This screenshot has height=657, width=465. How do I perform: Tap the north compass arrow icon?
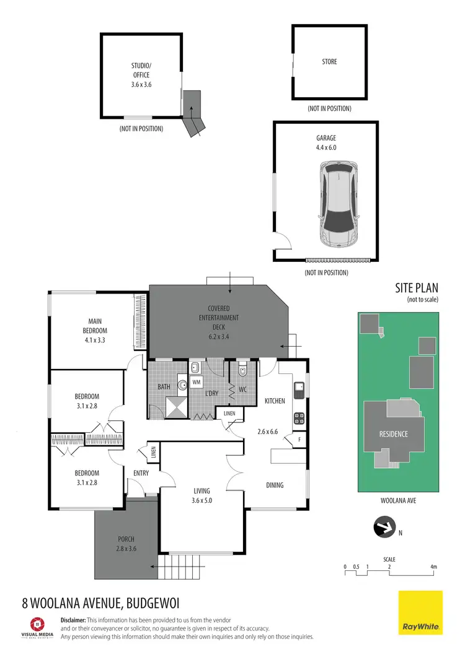[x=383, y=528]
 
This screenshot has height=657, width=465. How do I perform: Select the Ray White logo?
[x=420, y=613]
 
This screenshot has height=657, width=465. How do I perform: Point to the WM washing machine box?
[x=196, y=381]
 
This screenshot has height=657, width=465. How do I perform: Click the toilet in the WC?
[x=242, y=371]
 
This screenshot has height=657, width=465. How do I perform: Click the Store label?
[x=329, y=62]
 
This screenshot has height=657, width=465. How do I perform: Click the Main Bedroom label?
[x=94, y=326]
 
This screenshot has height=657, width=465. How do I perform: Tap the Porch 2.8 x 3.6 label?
[x=125, y=543]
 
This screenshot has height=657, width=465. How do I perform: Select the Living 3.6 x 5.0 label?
[x=201, y=495]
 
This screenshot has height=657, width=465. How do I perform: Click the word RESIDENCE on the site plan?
[x=394, y=434]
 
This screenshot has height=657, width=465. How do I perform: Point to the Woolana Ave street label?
[x=398, y=500]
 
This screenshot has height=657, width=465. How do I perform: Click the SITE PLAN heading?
[x=417, y=288]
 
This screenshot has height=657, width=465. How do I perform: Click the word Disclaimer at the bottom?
[x=73, y=620]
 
